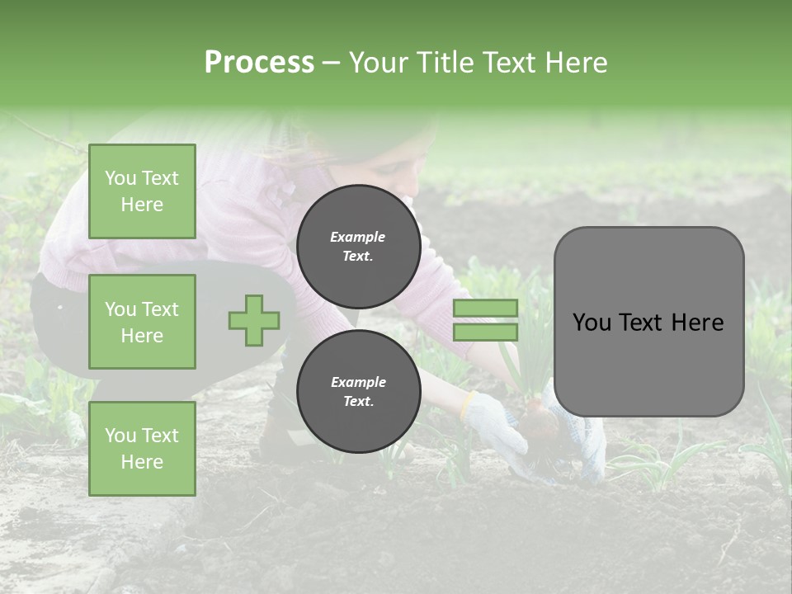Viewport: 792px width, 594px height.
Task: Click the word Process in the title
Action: (x=259, y=63)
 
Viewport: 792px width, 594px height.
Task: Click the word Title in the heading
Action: (x=445, y=63)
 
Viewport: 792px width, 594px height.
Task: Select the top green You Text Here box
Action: (x=142, y=191)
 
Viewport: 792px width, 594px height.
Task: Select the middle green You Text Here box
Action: (x=142, y=322)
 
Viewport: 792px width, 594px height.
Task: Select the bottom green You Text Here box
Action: (x=142, y=448)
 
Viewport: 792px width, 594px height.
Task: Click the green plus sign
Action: (x=254, y=320)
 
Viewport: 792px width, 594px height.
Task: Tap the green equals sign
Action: (x=485, y=320)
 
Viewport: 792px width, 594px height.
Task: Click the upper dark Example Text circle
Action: (x=358, y=247)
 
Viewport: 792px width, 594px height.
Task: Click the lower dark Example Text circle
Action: (x=358, y=391)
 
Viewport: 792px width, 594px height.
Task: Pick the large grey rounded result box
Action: (x=648, y=322)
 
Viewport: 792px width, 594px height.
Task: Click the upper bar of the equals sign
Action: (x=485, y=308)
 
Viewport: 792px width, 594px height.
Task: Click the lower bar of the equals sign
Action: (x=485, y=332)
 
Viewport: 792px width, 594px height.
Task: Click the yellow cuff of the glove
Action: (x=468, y=403)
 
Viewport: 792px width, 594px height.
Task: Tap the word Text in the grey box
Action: (x=648, y=322)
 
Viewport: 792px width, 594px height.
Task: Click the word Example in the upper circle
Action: (x=358, y=237)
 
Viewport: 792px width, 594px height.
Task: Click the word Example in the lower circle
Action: (x=358, y=382)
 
